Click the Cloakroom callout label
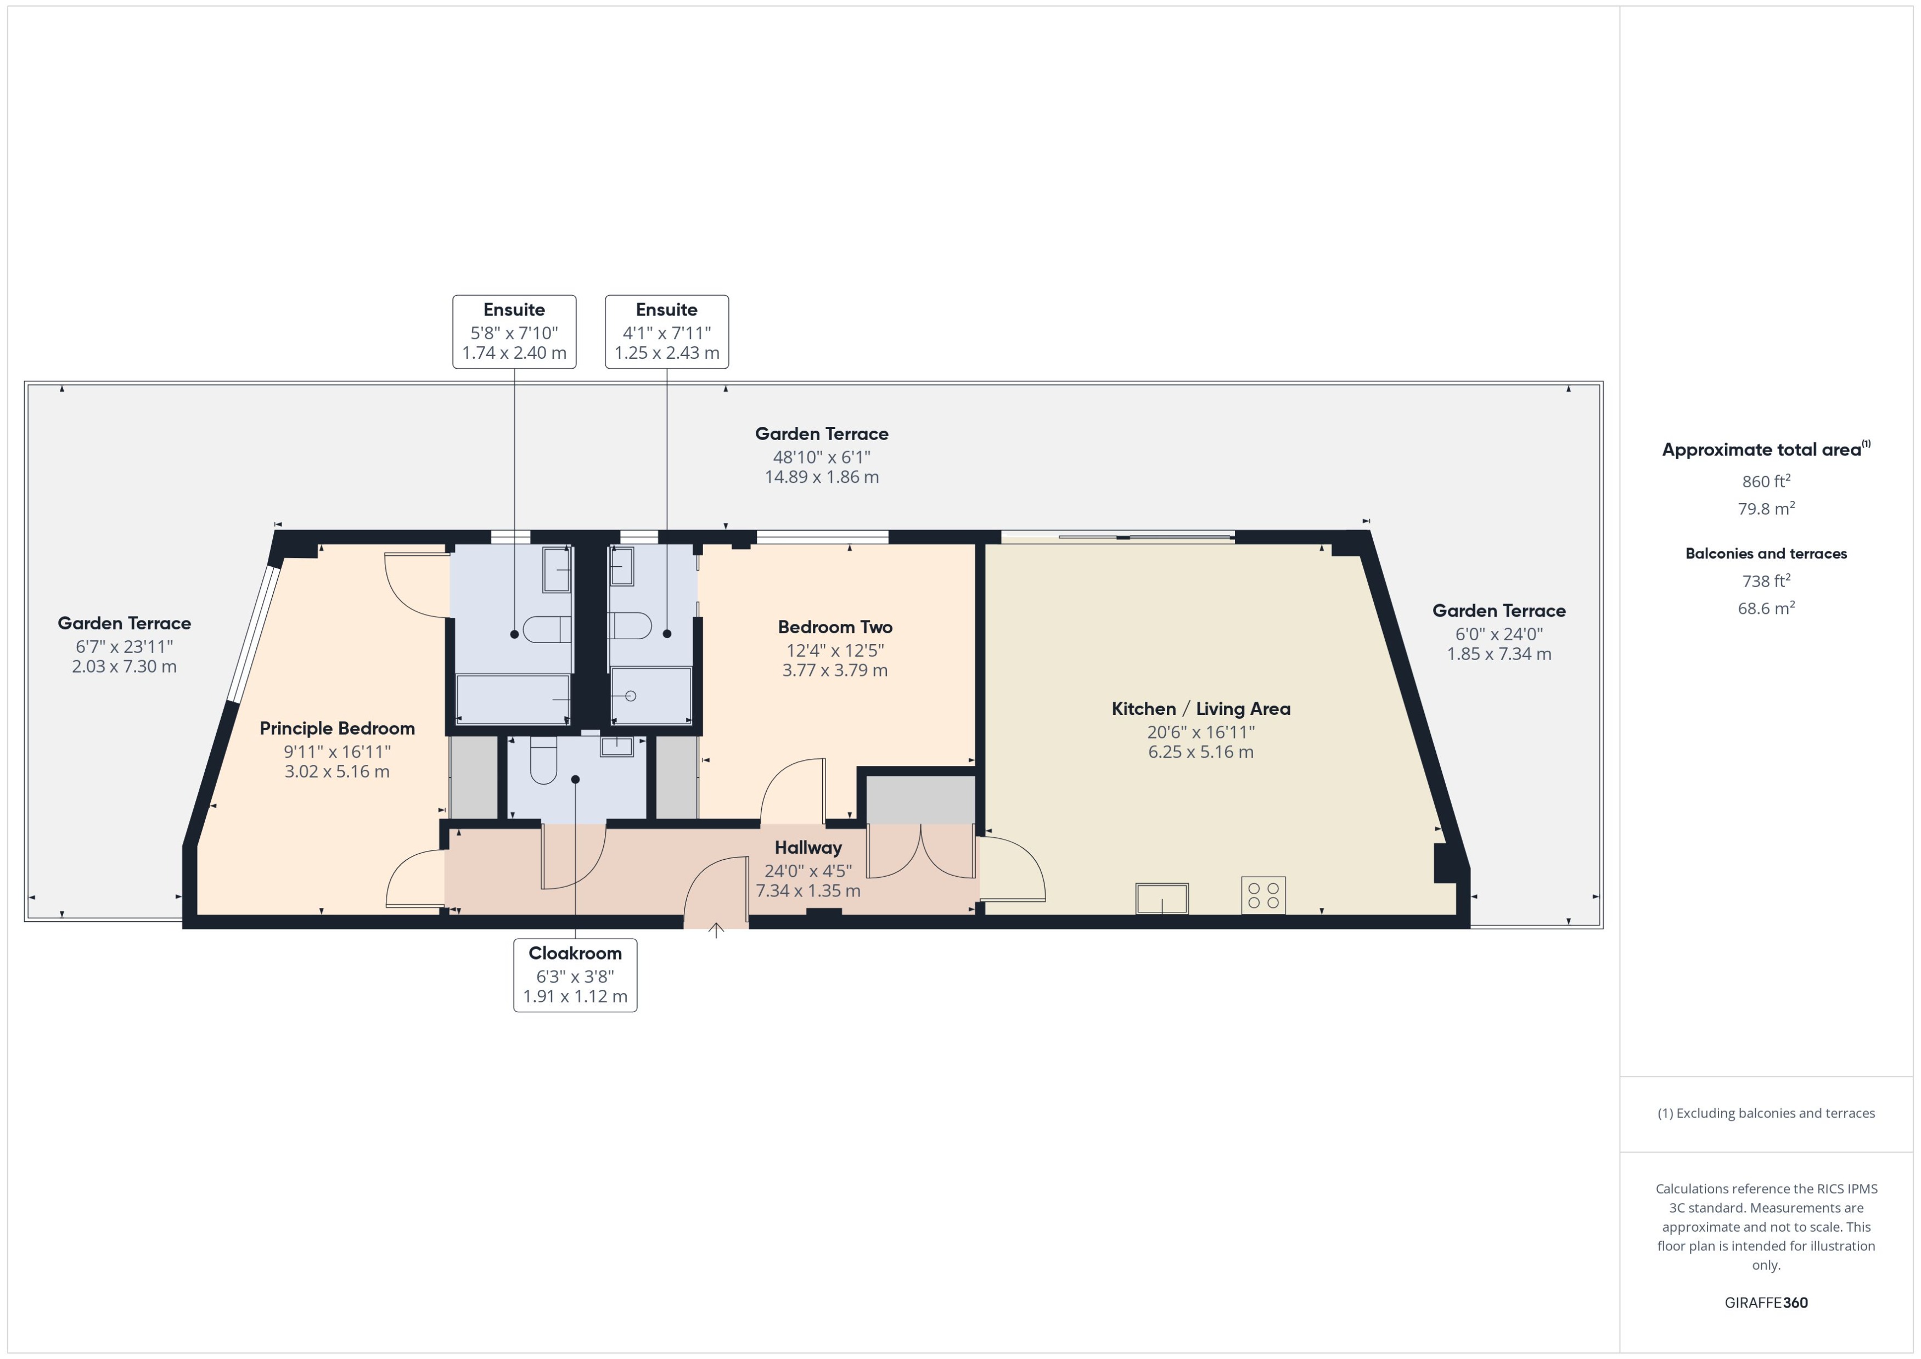pyautogui.click(x=575, y=975)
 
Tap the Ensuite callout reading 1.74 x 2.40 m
pyautogui.click(x=514, y=331)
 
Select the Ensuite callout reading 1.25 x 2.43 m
pyautogui.click(x=666, y=331)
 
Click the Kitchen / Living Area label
pyautogui.click(x=1200, y=709)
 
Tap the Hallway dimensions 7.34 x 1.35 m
pyautogui.click(x=808, y=890)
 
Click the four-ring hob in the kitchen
pyautogui.click(x=1263, y=895)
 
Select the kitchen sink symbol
pyautogui.click(x=1162, y=898)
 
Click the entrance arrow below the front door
pyautogui.click(x=716, y=930)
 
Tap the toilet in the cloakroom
pyautogui.click(x=543, y=762)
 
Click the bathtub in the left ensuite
pyautogui.click(x=512, y=700)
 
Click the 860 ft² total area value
pyautogui.click(x=1765, y=481)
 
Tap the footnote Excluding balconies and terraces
pyautogui.click(x=1765, y=1113)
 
